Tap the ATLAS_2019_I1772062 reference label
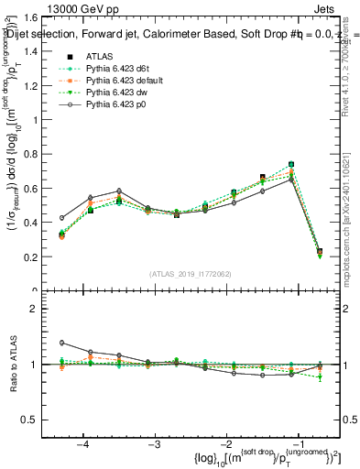coord(191,274)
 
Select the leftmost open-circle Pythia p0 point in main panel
coord(62,218)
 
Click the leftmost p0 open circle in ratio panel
coord(62,343)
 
